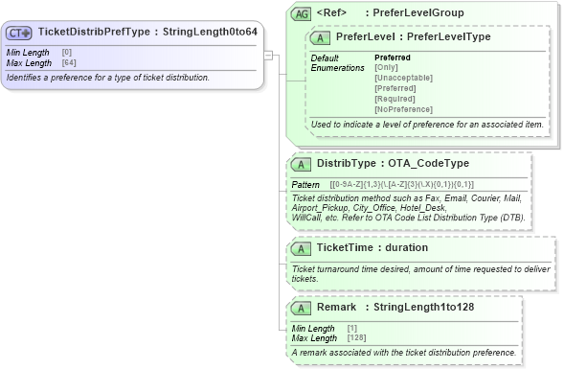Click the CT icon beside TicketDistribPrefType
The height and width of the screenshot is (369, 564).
20,31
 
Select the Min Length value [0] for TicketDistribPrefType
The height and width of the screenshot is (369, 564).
67,52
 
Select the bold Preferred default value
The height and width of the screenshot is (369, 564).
392,58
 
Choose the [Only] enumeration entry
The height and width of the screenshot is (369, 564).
387,67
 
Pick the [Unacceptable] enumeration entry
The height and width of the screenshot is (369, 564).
403,77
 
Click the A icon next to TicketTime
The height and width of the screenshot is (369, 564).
303,247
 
